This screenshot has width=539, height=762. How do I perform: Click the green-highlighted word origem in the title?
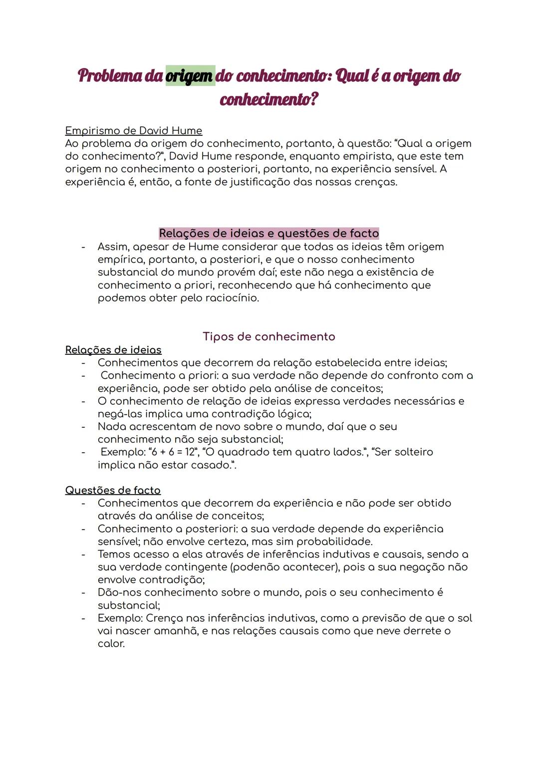point(190,76)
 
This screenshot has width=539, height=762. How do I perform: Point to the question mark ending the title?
point(313,99)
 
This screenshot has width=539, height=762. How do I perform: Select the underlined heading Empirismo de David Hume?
point(133,131)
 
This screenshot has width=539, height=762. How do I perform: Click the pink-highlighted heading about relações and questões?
point(269,233)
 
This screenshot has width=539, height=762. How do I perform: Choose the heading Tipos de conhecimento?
point(269,336)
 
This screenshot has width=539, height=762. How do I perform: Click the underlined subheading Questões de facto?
point(113,490)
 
